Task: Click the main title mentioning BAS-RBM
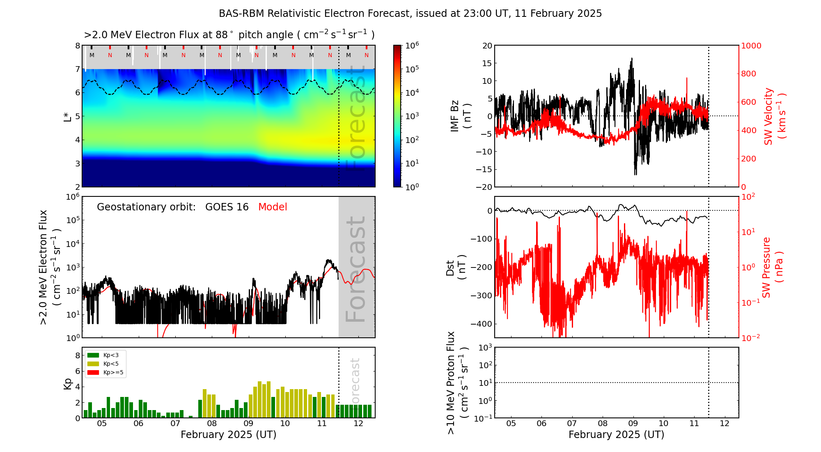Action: pos(410,14)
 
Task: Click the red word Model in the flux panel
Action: pos(273,207)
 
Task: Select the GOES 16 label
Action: pos(227,207)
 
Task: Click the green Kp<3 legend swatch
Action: pos(94,355)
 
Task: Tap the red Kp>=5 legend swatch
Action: pos(94,373)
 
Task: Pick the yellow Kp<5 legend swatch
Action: pos(94,364)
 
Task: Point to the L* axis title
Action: pos(67,116)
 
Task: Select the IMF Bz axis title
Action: pos(460,116)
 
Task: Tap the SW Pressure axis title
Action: pos(772,268)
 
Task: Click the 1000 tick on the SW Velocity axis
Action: pos(751,46)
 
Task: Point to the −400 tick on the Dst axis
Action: pos(484,324)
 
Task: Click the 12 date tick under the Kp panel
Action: pos(358,424)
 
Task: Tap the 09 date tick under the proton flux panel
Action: pos(633,424)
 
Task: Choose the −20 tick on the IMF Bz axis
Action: pos(484,187)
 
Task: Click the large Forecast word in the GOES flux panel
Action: pos(355,269)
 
